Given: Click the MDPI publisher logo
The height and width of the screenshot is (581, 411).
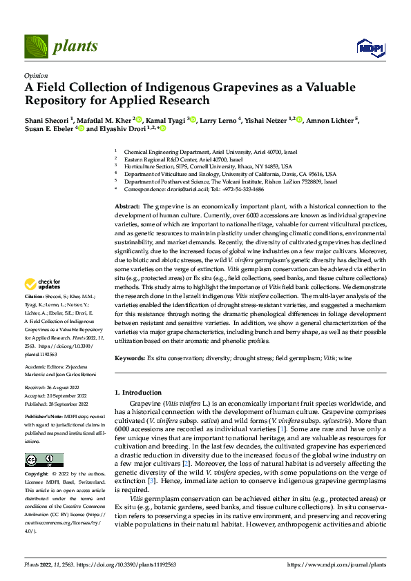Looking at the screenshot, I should (369, 47).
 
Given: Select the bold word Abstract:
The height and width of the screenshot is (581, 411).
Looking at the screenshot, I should (126, 206).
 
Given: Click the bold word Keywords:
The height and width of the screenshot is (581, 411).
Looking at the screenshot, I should (129, 358).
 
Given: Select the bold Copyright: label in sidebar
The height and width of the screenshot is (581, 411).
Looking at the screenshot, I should (37, 475).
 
